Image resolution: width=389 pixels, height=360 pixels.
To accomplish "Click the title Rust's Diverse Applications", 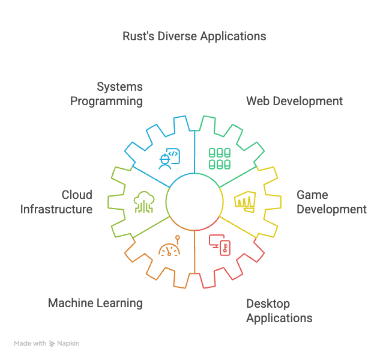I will (194, 36).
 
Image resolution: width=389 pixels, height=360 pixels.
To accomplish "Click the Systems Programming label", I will (107, 94).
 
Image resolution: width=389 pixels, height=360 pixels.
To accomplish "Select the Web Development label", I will (294, 101).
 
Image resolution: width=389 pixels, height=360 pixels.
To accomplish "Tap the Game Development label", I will (331, 203).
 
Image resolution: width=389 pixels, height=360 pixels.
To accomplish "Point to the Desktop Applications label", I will (279, 311).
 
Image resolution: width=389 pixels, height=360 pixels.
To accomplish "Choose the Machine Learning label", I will (95, 303).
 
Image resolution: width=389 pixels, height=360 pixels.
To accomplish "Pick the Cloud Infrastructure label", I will (56, 203).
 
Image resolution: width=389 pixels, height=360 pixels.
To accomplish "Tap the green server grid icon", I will (220, 158).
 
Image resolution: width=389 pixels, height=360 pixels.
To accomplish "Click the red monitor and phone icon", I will (219, 245).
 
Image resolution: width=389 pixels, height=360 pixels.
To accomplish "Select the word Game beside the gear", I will (312, 195).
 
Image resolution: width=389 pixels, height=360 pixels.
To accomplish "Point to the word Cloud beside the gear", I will (77, 195).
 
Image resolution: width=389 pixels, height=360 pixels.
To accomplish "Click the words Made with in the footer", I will (30, 344).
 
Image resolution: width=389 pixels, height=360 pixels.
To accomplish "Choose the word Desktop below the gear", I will (268, 304).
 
